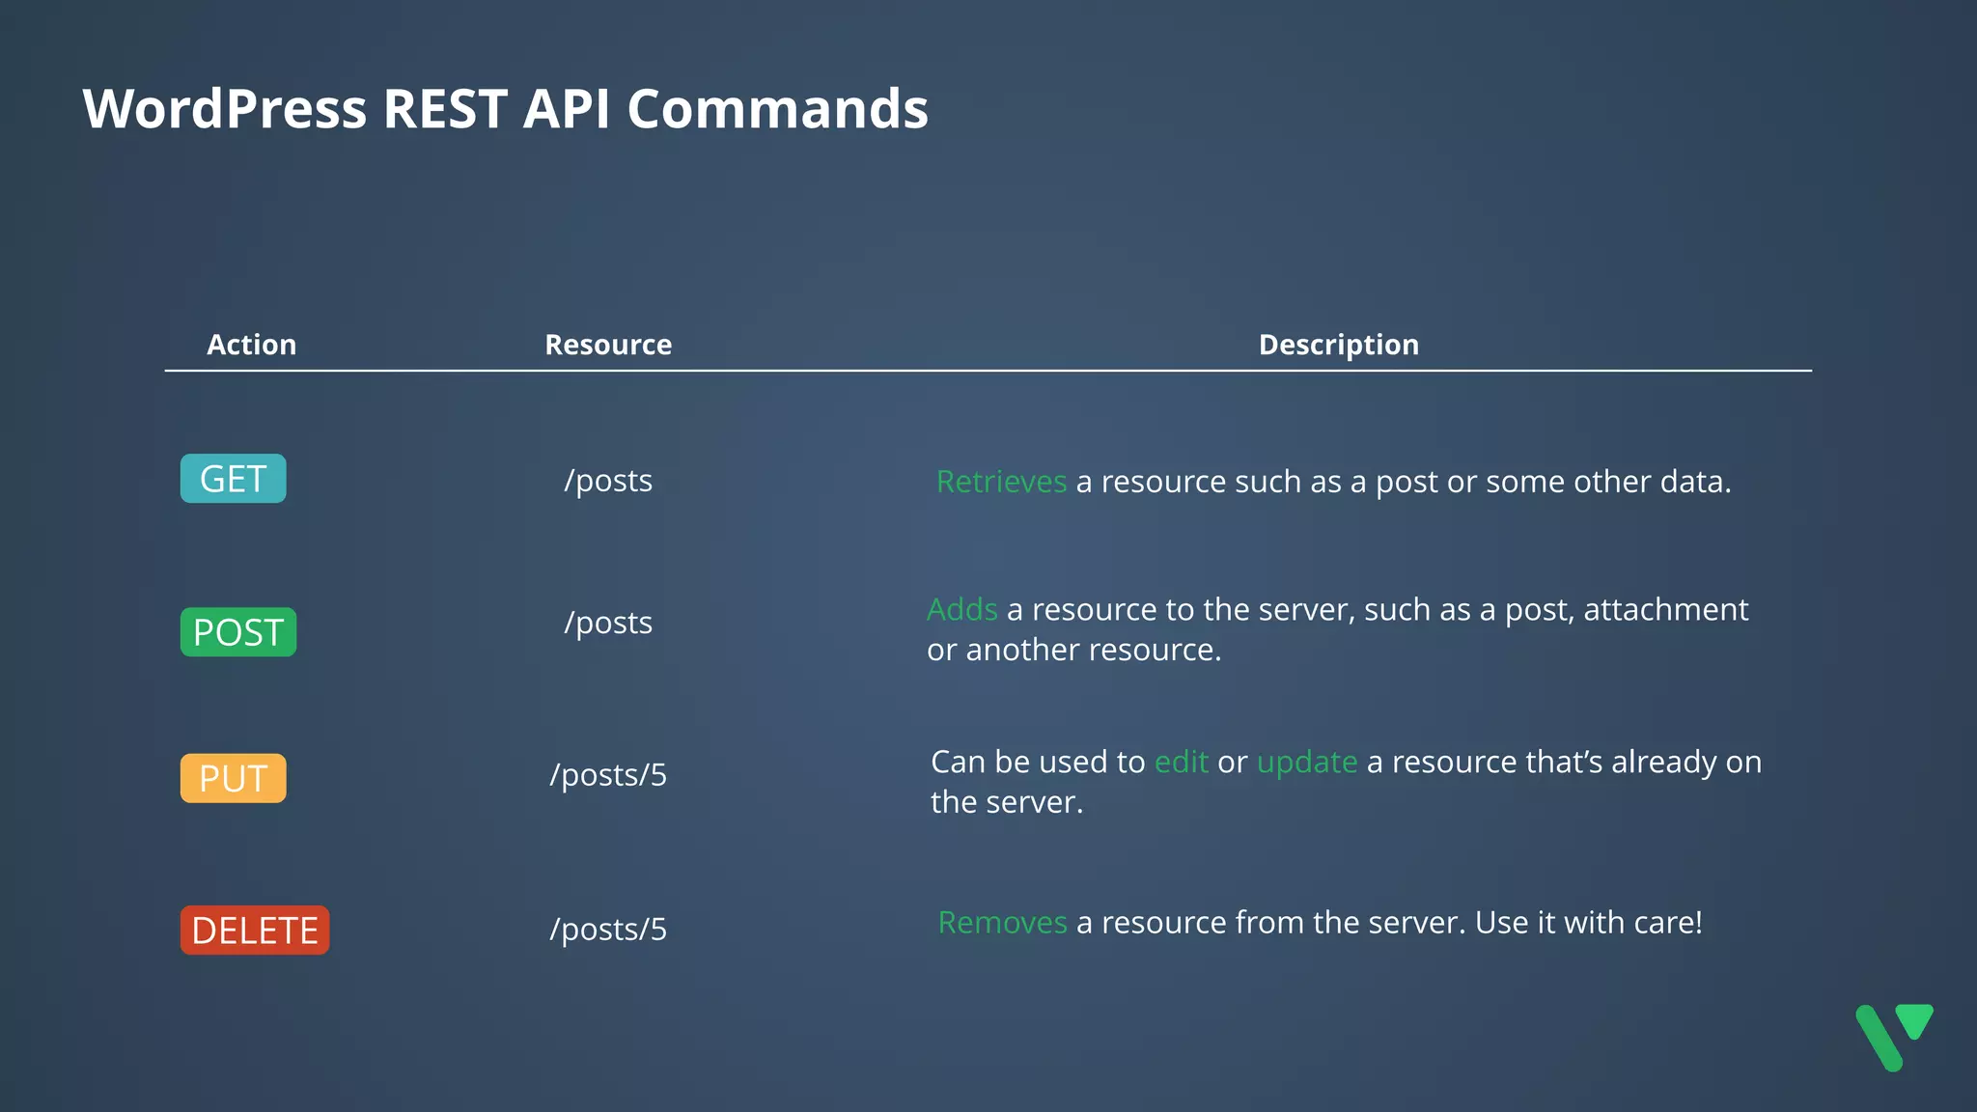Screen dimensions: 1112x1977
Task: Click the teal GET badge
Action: (x=233, y=479)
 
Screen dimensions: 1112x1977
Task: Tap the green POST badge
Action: (x=237, y=632)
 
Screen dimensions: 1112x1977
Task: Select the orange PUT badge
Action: (x=233, y=778)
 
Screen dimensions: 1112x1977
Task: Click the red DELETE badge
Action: (x=255, y=931)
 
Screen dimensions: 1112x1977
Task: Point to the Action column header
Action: (x=251, y=345)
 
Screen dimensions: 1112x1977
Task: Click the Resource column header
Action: (x=608, y=345)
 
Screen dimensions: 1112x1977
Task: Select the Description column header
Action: (x=1338, y=345)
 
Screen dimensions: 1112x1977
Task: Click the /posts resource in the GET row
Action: (x=608, y=481)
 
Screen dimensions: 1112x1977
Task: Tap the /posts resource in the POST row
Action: (x=608, y=623)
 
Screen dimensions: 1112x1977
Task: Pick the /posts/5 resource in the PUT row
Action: (x=608, y=775)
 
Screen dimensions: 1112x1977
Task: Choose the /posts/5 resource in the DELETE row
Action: (x=608, y=930)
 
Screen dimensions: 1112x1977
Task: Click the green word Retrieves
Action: (x=1001, y=482)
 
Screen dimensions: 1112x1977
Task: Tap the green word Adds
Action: (x=961, y=610)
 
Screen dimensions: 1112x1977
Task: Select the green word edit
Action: (x=1181, y=763)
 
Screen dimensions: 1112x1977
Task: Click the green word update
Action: (x=1307, y=763)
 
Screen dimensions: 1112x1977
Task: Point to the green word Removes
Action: (x=1002, y=923)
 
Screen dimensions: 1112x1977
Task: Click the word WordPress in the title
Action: (x=224, y=108)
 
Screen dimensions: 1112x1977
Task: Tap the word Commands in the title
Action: (x=777, y=108)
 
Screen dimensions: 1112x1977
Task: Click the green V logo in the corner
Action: (x=1893, y=1037)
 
